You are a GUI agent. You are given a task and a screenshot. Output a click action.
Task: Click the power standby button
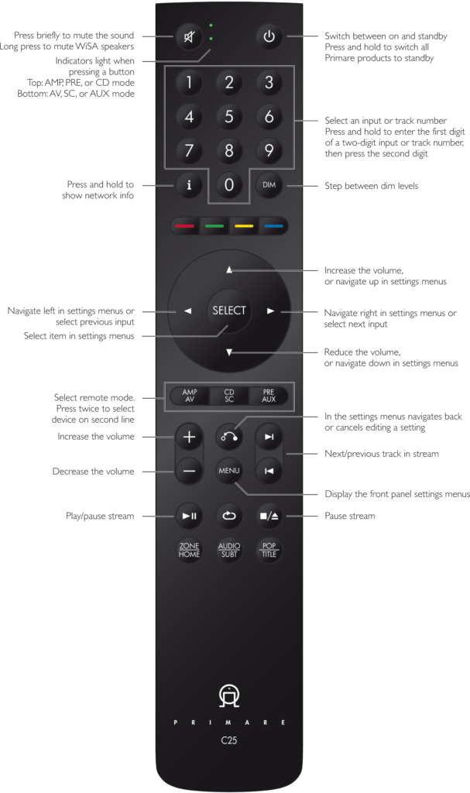click(269, 37)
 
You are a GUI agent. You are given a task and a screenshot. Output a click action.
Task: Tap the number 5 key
click(228, 118)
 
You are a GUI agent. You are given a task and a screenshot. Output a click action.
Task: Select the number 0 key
click(228, 185)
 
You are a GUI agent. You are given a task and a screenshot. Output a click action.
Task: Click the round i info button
click(189, 185)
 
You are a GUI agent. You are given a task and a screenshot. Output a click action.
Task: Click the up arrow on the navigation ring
click(229, 270)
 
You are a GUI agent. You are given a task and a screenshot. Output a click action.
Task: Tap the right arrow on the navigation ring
click(270, 311)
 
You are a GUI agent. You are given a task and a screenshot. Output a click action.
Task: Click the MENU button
click(228, 471)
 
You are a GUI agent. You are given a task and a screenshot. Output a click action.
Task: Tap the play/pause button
click(189, 515)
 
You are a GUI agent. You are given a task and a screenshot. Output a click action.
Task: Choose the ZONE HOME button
click(189, 550)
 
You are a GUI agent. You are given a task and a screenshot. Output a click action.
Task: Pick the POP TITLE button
click(269, 550)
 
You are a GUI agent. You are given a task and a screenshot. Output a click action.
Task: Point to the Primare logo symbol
click(228, 695)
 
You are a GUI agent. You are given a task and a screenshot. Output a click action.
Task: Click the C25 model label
click(228, 741)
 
